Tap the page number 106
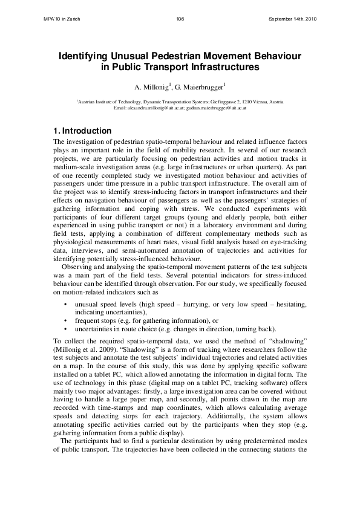click(180, 19)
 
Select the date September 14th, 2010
click(292, 19)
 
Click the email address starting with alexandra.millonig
click(156, 108)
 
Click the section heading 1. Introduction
click(82, 131)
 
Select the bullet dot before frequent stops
click(65, 320)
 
